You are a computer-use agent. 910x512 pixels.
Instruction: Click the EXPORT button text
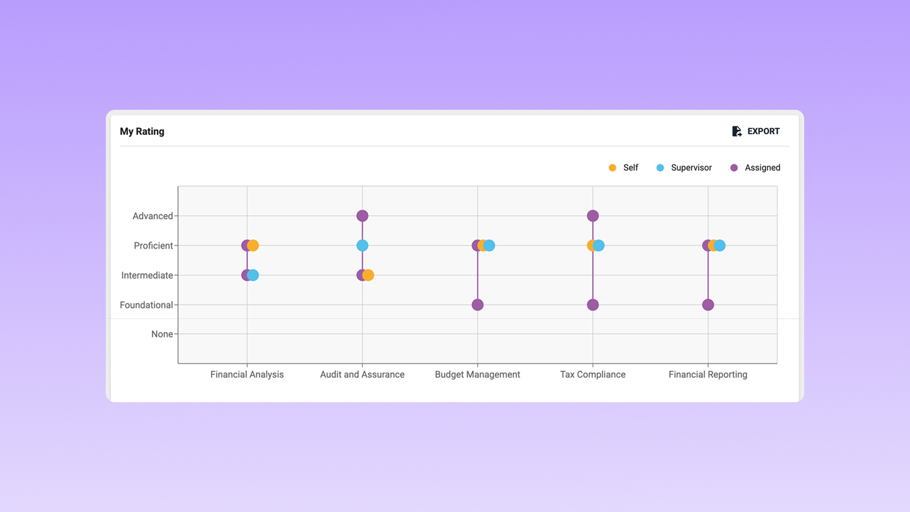pos(763,131)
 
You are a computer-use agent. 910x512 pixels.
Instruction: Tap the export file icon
pos(737,131)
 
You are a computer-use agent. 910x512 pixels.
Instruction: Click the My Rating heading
pos(142,131)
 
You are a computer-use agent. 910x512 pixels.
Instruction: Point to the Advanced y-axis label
pos(152,216)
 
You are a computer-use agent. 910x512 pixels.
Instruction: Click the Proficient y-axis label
pos(153,246)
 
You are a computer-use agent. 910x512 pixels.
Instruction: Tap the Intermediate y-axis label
pos(147,275)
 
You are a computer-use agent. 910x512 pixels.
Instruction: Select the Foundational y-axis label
pos(146,305)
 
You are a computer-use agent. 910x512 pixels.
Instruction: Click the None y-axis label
pos(162,335)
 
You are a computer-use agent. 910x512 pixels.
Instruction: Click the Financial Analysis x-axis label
pos(247,374)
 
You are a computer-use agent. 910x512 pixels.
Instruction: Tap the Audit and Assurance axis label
pos(362,374)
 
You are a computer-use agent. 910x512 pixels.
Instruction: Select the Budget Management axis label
pos(477,374)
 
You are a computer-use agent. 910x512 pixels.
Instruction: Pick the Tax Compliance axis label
pos(593,374)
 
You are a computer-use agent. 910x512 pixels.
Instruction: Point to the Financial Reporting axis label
pos(708,374)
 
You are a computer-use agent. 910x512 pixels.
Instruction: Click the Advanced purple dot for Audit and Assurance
pos(362,216)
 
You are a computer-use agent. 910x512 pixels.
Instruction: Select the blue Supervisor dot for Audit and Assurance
pos(362,246)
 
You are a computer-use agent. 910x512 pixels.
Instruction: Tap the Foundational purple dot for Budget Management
pos(478,305)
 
